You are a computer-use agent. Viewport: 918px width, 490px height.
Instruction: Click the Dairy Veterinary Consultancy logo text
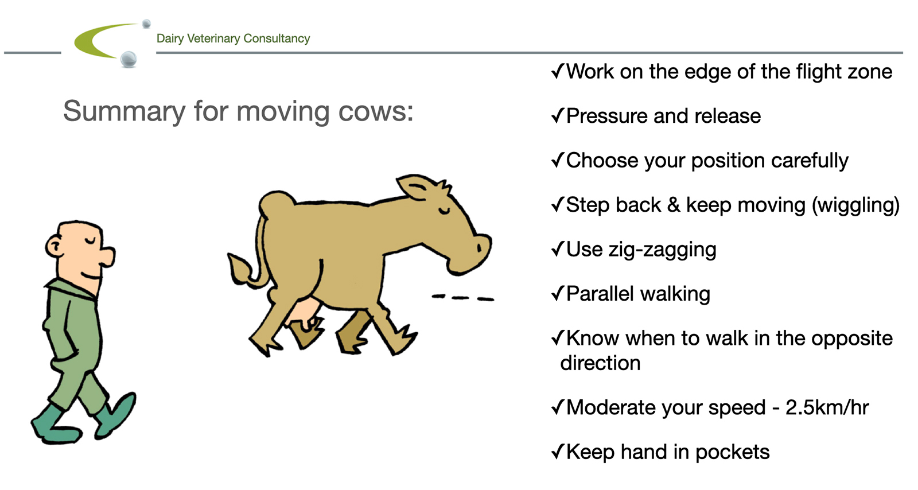pyautogui.click(x=233, y=38)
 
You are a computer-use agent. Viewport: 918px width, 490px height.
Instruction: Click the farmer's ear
pyautogui.click(x=53, y=247)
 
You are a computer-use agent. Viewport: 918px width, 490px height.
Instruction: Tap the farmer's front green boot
pyautogui.click(x=116, y=415)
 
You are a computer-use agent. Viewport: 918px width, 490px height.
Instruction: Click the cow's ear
pyautogui.click(x=416, y=187)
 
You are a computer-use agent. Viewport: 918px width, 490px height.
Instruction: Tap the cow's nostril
pyautogui.click(x=479, y=248)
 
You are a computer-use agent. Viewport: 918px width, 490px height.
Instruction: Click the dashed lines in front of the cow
pyautogui.click(x=463, y=297)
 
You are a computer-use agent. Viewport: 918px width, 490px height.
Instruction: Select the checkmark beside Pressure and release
pyautogui.click(x=558, y=115)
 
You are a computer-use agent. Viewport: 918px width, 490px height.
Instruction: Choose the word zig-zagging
pyautogui.click(x=662, y=250)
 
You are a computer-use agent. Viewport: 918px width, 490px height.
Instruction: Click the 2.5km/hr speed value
pyautogui.click(x=827, y=407)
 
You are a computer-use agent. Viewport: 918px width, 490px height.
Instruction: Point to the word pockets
pyautogui.click(x=732, y=452)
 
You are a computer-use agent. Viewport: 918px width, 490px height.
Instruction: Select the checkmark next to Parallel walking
pyautogui.click(x=558, y=293)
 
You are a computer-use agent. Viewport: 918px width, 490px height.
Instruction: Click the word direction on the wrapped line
pyautogui.click(x=600, y=363)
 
